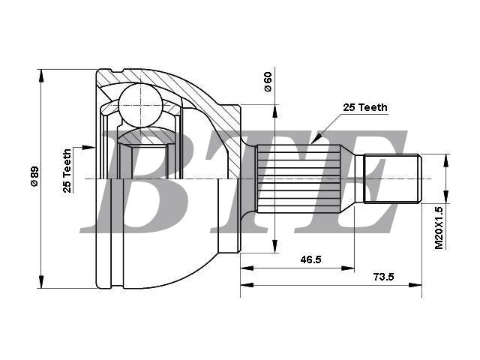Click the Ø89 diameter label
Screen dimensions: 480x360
(x=34, y=176)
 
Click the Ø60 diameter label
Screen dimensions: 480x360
(x=267, y=82)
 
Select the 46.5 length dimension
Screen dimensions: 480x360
(x=310, y=260)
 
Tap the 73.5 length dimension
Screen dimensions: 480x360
(x=383, y=277)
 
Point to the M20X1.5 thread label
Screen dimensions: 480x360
(x=439, y=227)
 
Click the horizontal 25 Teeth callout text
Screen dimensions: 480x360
(x=365, y=107)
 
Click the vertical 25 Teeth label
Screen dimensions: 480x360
(x=67, y=170)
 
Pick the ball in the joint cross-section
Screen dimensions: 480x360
(x=140, y=105)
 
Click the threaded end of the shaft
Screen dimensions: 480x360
(x=392, y=178)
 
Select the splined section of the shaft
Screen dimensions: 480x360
(x=298, y=178)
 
